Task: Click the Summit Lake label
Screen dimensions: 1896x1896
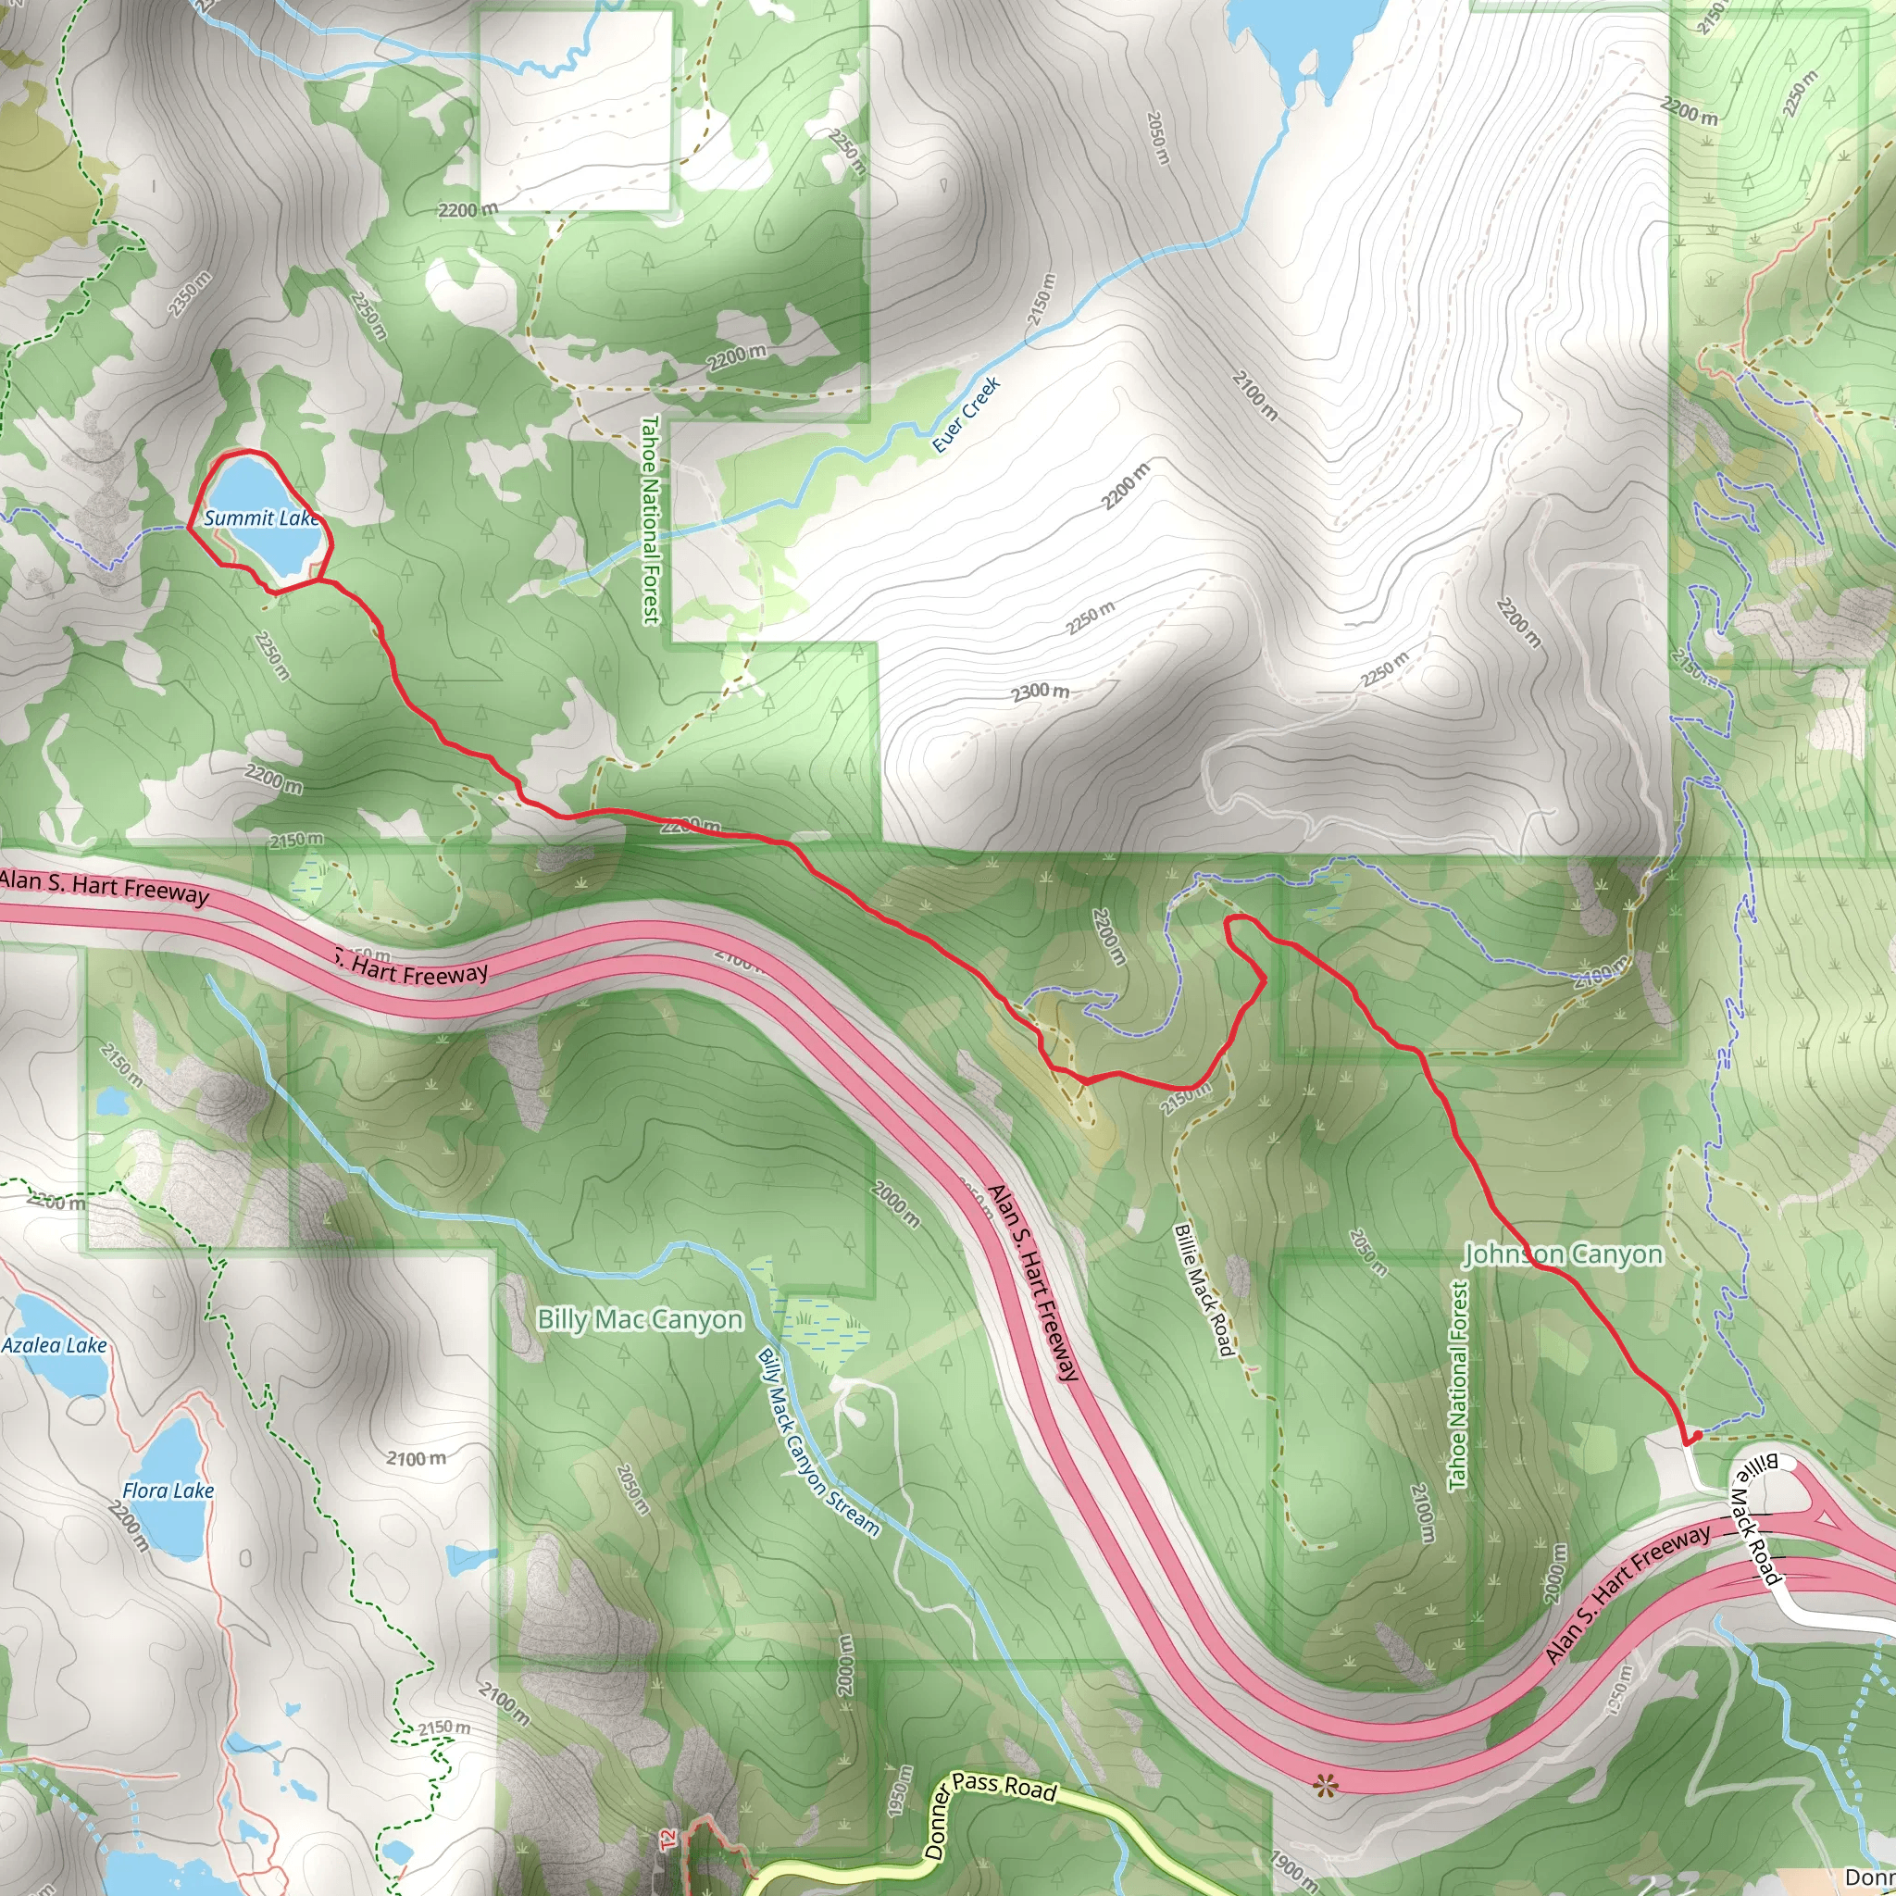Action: point(261,518)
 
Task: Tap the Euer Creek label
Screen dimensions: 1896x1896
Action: point(966,414)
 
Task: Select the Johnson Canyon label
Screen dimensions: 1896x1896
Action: point(1564,1254)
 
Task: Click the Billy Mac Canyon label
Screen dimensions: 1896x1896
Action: point(640,1320)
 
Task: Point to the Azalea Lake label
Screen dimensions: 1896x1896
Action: point(54,1345)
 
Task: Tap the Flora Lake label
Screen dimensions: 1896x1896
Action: point(168,1491)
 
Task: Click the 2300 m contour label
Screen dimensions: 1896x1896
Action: point(1041,692)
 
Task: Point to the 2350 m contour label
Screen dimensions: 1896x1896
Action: point(190,293)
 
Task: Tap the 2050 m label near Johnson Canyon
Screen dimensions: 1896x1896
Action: point(1368,1254)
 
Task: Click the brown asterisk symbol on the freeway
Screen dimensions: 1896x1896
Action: point(1325,1786)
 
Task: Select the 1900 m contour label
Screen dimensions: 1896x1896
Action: point(1293,1870)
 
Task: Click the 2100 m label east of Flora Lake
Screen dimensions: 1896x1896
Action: point(415,1459)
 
